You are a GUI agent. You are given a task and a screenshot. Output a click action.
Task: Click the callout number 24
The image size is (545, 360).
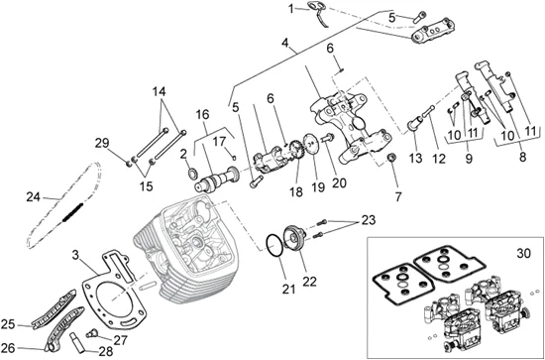[34, 197]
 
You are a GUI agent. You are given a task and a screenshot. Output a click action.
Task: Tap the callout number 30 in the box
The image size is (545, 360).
[523, 254]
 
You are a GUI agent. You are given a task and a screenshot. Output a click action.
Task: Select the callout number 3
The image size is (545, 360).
[75, 255]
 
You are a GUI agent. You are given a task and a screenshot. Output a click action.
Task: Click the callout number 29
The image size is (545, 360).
[101, 143]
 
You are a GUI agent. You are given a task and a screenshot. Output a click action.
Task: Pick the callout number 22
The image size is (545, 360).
[310, 282]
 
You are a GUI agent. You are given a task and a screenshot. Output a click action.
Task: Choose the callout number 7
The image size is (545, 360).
[398, 197]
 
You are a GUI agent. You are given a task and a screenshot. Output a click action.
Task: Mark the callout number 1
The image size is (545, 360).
[291, 9]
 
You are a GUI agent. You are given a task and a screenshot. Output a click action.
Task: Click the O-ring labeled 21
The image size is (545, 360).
[274, 246]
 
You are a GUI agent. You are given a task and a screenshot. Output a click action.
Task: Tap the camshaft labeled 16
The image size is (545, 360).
[217, 180]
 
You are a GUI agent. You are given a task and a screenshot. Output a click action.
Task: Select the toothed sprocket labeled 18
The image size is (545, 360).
[295, 150]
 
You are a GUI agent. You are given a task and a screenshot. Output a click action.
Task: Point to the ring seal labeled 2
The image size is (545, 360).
[192, 173]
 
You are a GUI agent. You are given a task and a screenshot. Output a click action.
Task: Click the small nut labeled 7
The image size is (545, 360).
[391, 158]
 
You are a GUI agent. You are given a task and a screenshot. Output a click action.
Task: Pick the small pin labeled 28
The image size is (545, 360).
[76, 342]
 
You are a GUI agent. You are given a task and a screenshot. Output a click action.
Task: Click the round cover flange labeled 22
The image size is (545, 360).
[294, 238]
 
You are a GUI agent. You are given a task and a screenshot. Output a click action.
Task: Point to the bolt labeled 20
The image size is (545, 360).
[328, 138]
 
